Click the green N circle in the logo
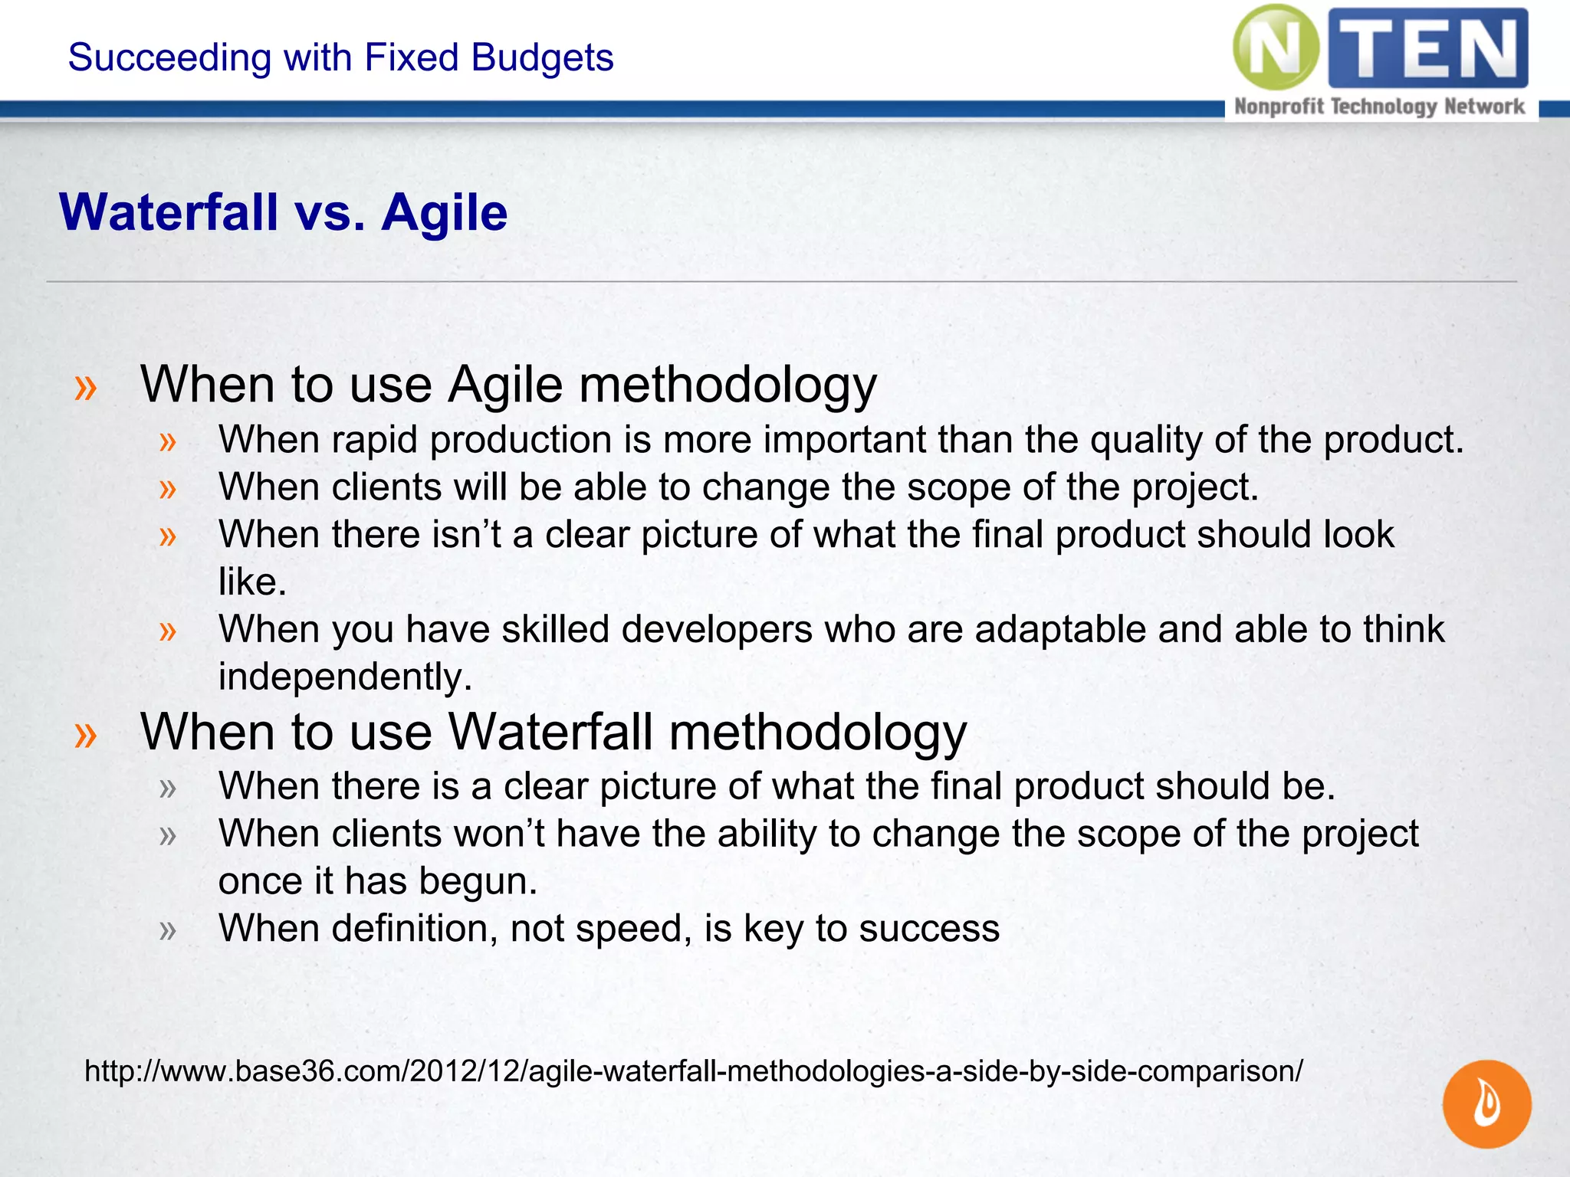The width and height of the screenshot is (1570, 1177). point(1276,48)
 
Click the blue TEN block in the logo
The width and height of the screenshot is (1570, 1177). point(1427,48)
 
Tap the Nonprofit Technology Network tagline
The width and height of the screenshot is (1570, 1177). point(1379,107)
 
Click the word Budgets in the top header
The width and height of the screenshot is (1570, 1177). point(542,57)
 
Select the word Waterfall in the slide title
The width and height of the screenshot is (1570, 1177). point(169,212)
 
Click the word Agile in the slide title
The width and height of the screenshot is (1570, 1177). point(445,212)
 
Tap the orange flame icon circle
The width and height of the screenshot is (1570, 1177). point(1486,1103)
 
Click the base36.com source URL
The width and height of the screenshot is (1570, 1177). point(693,1070)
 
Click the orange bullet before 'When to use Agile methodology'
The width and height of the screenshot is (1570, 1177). point(86,388)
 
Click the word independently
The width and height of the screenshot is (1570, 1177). point(345,677)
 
